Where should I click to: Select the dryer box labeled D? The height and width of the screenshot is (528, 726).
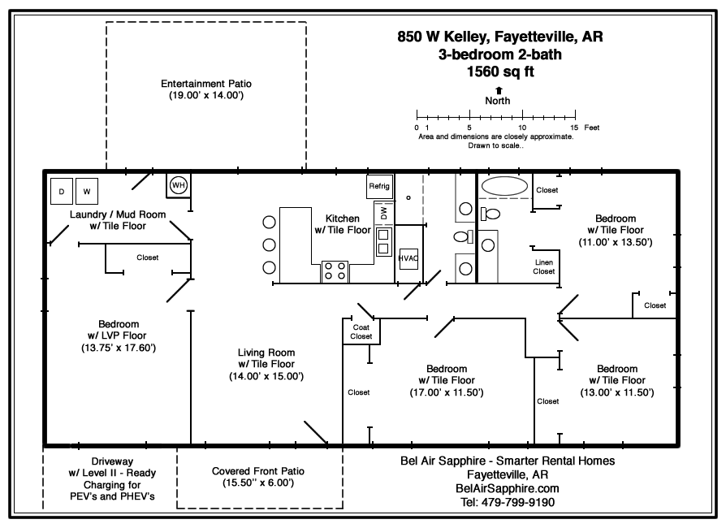(x=61, y=193)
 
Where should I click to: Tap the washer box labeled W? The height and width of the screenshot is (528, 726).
(x=87, y=193)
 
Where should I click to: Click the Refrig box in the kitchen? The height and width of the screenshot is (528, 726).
(x=379, y=186)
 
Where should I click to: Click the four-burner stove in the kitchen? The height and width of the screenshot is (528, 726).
(x=335, y=270)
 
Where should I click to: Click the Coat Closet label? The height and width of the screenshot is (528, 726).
(x=361, y=331)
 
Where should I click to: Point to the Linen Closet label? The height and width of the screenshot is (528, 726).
(x=544, y=266)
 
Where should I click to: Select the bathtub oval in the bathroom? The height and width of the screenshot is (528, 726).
(x=504, y=186)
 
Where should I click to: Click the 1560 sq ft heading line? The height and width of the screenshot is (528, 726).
(x=499, y=71)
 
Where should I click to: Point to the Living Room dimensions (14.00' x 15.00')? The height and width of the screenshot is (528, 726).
(x=266, y=376)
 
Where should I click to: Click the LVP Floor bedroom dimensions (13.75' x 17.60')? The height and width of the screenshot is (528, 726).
(x=119, y=348)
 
